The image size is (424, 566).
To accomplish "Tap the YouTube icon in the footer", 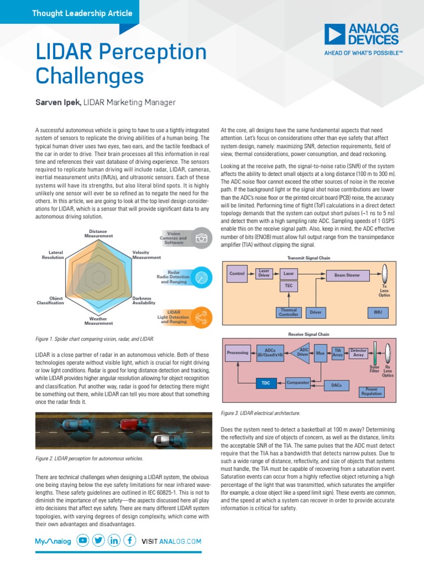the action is tap(83, 541).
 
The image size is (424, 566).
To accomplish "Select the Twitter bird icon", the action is tap(98, 541).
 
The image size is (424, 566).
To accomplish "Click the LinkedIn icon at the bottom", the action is tap(114, 541).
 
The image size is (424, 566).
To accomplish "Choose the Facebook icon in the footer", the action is tap(130, 541).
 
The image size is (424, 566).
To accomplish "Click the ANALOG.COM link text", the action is tap(180, 542).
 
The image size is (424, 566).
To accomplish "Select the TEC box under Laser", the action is tap(288, 286).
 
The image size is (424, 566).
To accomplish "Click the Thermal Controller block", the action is tap(289, 313).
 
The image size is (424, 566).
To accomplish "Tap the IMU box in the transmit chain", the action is tap(378, 313).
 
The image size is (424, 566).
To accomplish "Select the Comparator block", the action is tap(298, 382).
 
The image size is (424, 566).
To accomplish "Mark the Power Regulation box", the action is tap(372, 391).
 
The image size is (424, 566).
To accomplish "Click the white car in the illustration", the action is tap(162, 440).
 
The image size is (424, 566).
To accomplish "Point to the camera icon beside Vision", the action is tap(203, 238).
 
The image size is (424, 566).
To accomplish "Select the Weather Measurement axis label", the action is tap(99, 321).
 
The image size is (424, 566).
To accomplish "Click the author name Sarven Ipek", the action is tap(52, 102).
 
